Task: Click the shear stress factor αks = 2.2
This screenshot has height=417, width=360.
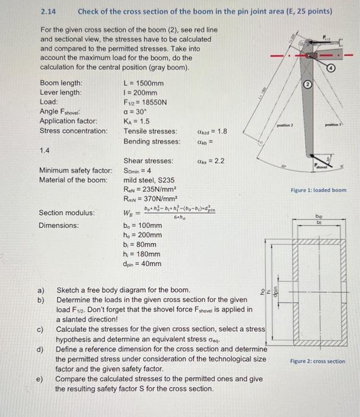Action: click(208, 161)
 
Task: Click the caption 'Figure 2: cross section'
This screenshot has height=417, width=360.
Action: click(317, 361)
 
